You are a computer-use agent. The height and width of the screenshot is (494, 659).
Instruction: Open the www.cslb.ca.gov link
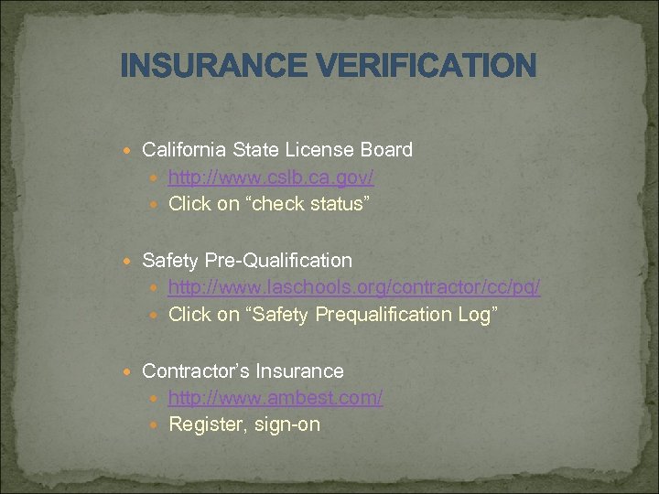[271, 177]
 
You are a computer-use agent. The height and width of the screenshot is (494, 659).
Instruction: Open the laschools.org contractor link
[354, 287]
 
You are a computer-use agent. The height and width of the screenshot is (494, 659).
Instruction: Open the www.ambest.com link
[275, 398]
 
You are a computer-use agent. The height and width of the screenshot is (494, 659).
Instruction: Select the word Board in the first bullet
[387, 149]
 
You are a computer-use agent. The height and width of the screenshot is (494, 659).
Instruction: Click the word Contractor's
[196, 371]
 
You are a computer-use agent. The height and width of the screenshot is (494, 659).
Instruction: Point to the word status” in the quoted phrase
[339, 203]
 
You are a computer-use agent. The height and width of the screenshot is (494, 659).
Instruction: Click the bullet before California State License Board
[132, 150]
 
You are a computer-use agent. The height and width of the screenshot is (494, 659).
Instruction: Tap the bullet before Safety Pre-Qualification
[132, 262]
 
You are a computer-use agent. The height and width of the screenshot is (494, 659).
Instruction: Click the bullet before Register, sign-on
[157, 425]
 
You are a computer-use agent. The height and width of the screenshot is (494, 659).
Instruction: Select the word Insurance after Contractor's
[300, 371]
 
